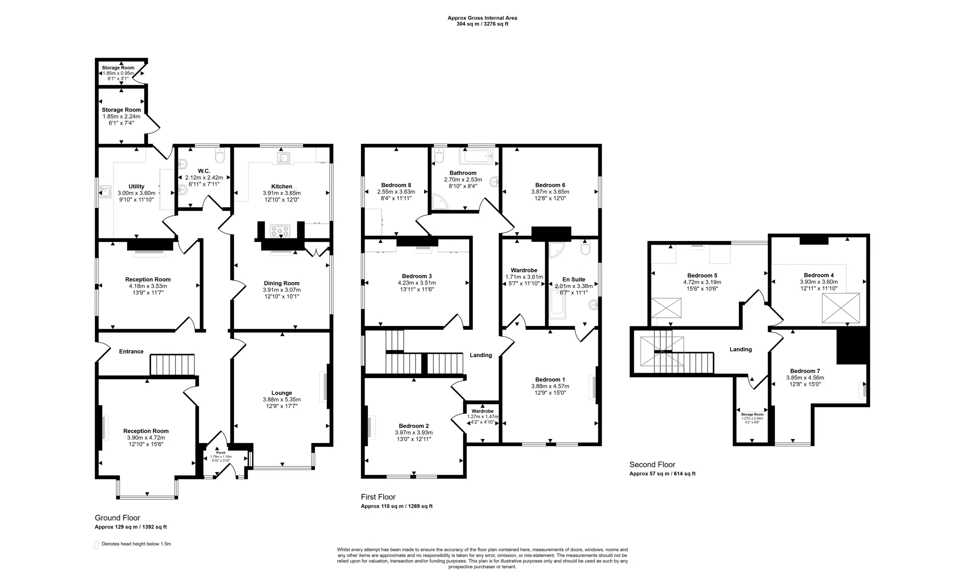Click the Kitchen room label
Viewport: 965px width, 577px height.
click(282, 186)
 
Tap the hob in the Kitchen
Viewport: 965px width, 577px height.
click(280, 231)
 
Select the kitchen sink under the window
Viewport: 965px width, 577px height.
click(283, 158)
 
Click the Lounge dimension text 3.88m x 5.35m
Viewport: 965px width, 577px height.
click(282, 399)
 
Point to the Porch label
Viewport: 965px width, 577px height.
click(221, 453)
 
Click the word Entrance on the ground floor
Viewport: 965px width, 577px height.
click(131, 352)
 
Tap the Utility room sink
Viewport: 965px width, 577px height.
click(105, 192)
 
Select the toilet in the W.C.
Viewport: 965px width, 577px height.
click(220, 157)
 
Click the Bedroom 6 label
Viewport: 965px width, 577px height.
click(550, 185)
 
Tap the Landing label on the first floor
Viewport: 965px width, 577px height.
click(481, 355)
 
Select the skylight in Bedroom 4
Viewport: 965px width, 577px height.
click(841, 308)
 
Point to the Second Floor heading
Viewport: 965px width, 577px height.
click(653, 465)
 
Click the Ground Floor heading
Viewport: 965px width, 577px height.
click(117, 518)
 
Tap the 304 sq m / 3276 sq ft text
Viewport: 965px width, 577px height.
click(482, 24)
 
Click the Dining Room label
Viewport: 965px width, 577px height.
click(282, 283)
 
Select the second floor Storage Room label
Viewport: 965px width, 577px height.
click(752, 415)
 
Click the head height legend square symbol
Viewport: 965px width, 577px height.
click(96, 545)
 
